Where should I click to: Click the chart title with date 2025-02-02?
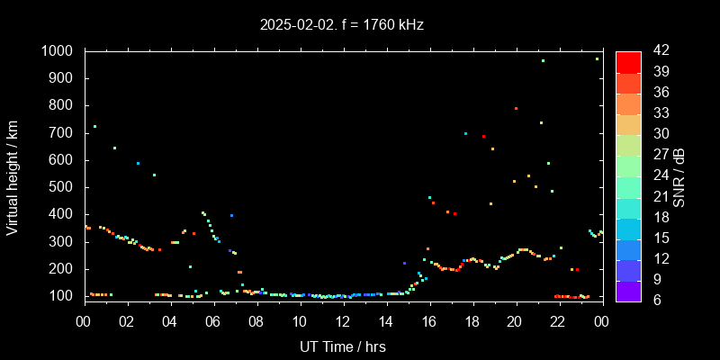point(342,25)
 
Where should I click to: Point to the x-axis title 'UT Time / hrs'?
point(342,346)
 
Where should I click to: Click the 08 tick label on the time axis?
point(256,320)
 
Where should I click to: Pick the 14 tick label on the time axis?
point(386,320)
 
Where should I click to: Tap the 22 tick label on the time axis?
point(558,320)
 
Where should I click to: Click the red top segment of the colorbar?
point(628,61)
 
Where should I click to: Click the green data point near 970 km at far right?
point(597,58)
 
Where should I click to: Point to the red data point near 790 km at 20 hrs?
point(516,108)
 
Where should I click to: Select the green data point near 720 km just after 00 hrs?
point(94,126)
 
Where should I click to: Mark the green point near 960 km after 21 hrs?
point(543,60)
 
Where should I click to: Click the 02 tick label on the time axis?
point(127,320)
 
